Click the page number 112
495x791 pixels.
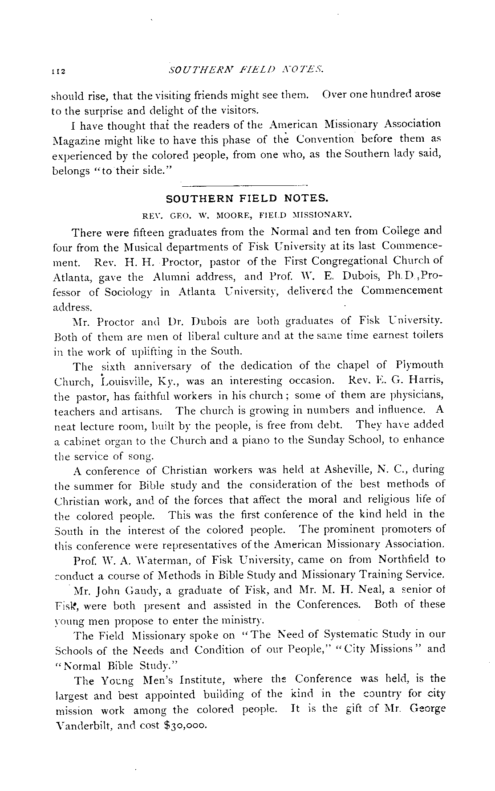click(x=59, y=70)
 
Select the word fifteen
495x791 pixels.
click(x=148, y=232)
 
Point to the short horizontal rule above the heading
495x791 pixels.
click(x=246, y=184)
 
